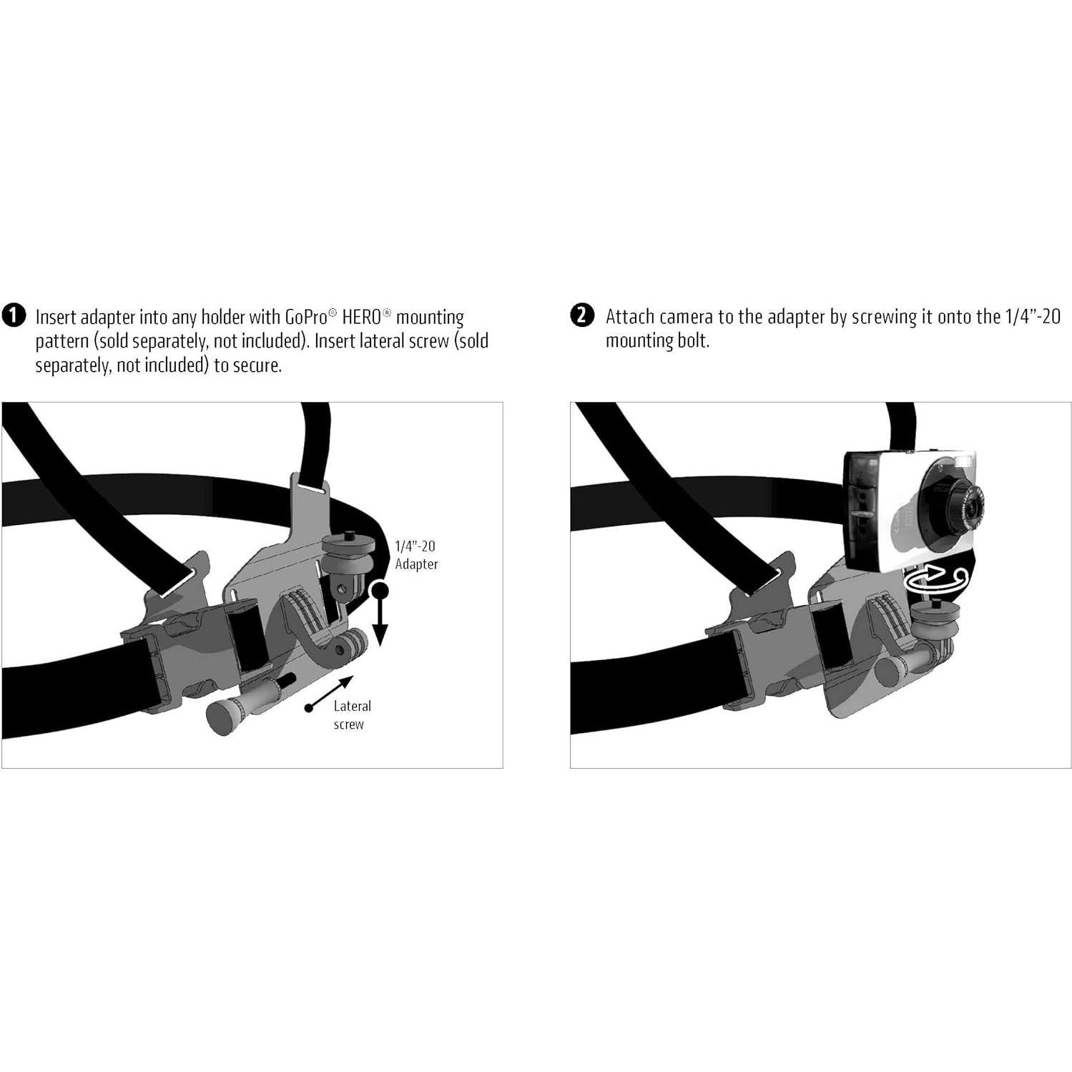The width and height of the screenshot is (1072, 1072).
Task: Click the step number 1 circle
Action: click(14, 315)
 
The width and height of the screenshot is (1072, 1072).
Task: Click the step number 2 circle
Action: click(582, 315)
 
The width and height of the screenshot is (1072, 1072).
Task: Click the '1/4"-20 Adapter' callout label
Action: click(416, 555)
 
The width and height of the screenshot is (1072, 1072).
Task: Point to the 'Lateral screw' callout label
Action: click(351, 714)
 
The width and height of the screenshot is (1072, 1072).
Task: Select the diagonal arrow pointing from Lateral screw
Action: click(330, 692)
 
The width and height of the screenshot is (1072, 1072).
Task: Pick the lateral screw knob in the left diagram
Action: click(223, 717)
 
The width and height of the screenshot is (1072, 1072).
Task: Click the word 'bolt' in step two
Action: click(694, 341)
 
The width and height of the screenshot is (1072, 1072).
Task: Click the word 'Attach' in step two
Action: click(630, 317)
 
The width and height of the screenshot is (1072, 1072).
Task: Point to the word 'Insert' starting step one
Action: click(56, 317)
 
